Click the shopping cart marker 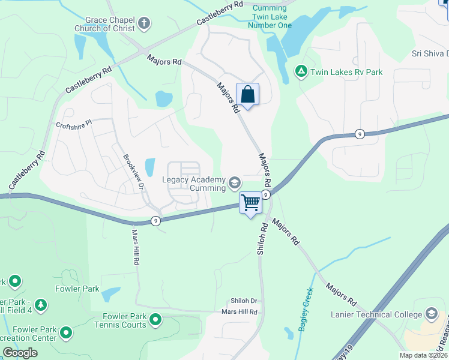pyautogui.click(x=250, y=202)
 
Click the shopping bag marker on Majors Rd pyautogui.click(x=247, y=94)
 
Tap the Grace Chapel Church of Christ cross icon pyautogui.click(x=143, y=24)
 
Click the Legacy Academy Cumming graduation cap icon pyautogui.click(x=234, y=183)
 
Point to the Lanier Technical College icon pyautogui.click(x=431, y=314)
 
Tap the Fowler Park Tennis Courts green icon pyautogui.click(x=155, y=320)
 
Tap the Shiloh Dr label pyautogui.click(x=244, y=301)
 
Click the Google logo pyautogui.click(x=20, y=353)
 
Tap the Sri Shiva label pyautogui.click(x=429, y=53)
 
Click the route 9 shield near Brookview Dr pyautogui.click(x=155, y=220)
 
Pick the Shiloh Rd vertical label pyautogui.click(x=262, y=240)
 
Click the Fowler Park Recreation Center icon pyautogui.click(x=66, y=331)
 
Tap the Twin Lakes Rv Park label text pyautogui.click(x=346, y=73)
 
